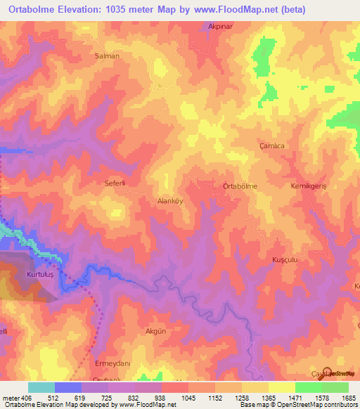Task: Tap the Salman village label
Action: pyautogui.click(x=107, y=56)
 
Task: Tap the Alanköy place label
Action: pyautogui.click(x=169, y=200)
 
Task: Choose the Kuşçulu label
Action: pyautogui.click(x=286, y=259)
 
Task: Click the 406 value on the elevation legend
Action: pyautogui.click(x=20, y=397)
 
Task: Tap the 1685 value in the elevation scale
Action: pyautogui.click(x=349, y=397)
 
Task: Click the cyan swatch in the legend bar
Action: pyautogui.click(x=41, y=387)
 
